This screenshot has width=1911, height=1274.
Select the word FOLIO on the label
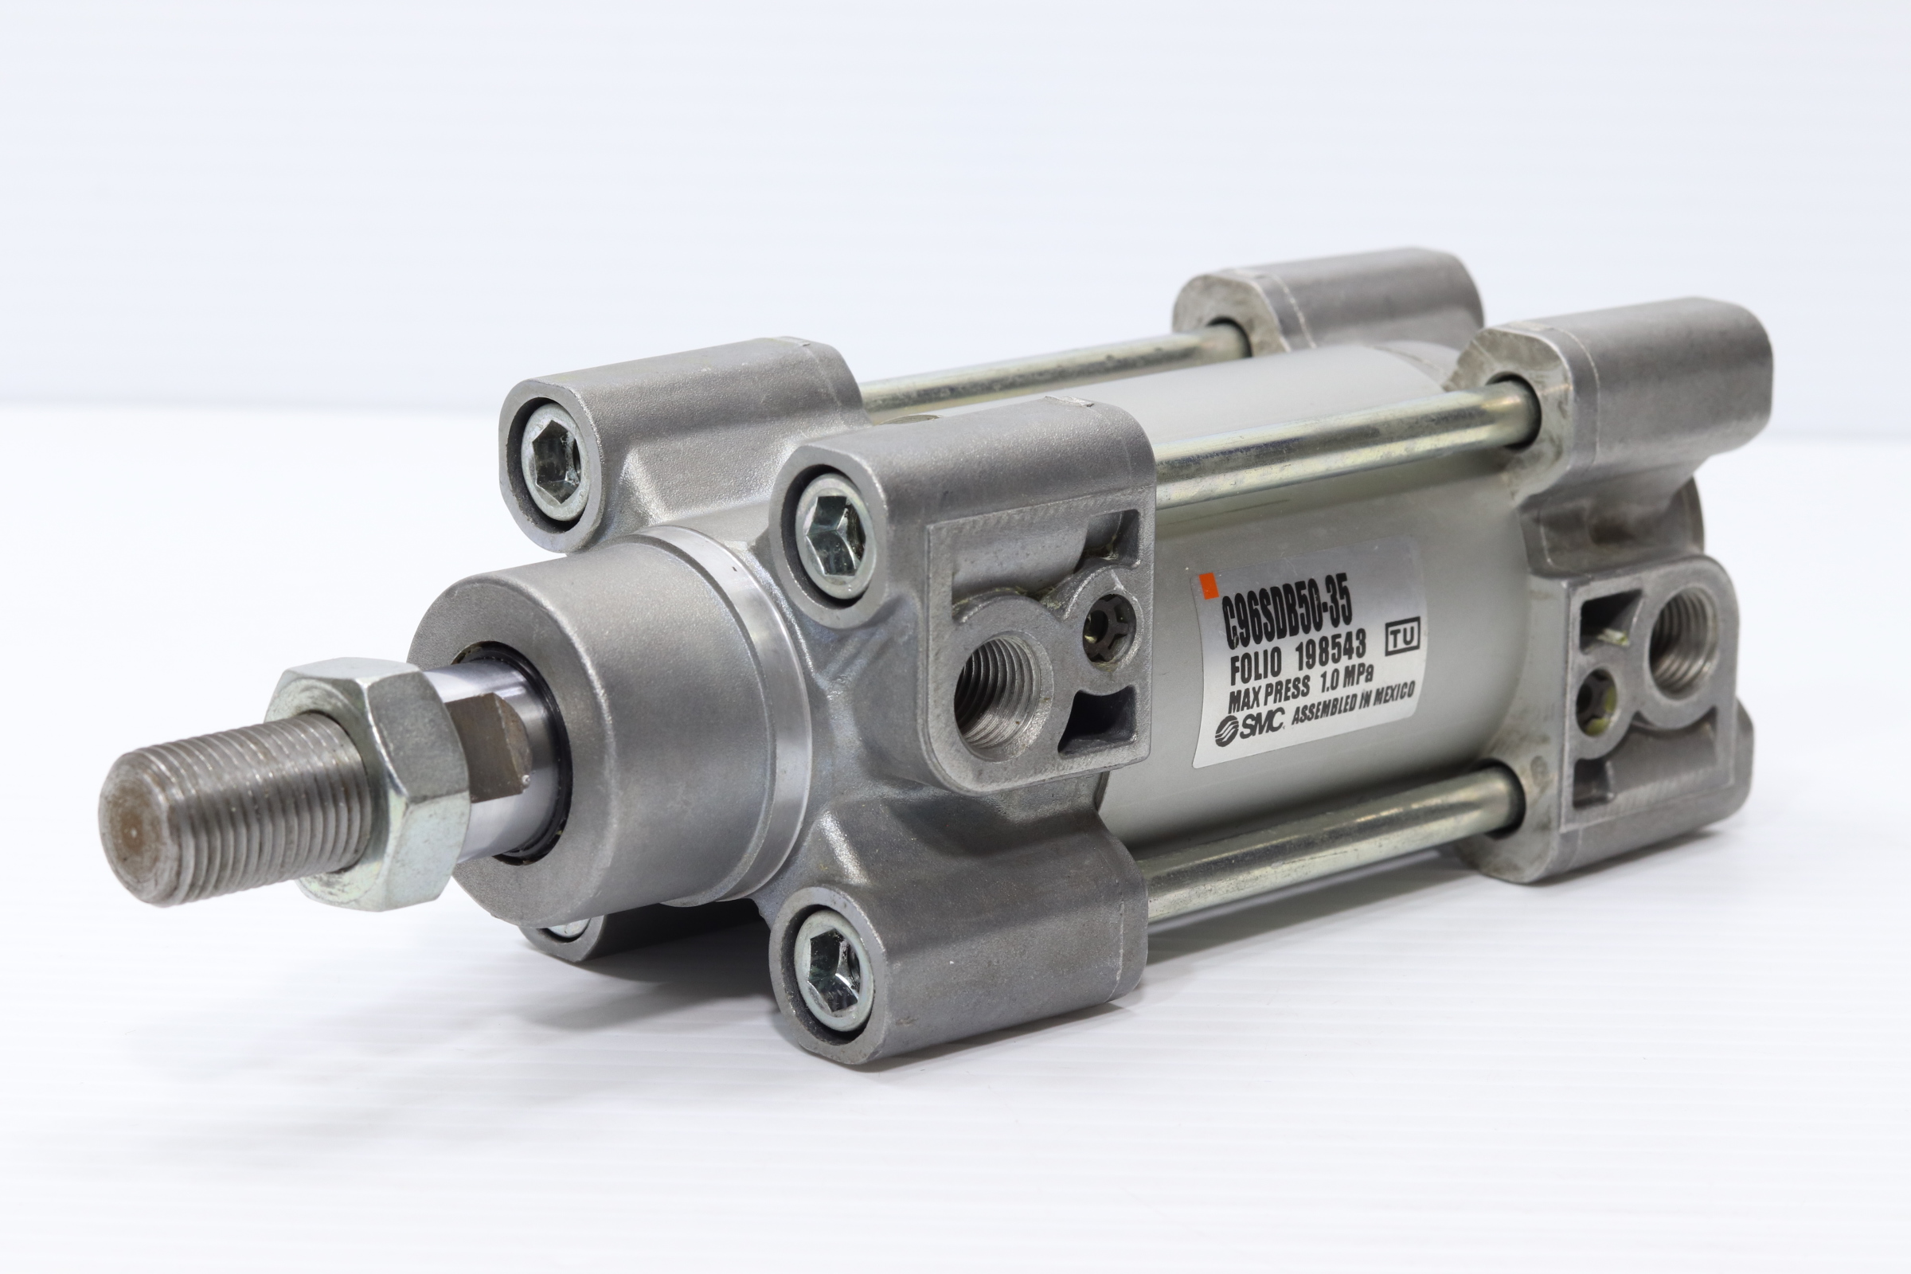1256,668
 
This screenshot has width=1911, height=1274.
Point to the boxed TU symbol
1402,637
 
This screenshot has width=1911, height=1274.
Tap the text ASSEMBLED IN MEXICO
1353,702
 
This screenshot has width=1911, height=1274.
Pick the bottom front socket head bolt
830,971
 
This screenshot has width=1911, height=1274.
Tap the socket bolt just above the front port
832,535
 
